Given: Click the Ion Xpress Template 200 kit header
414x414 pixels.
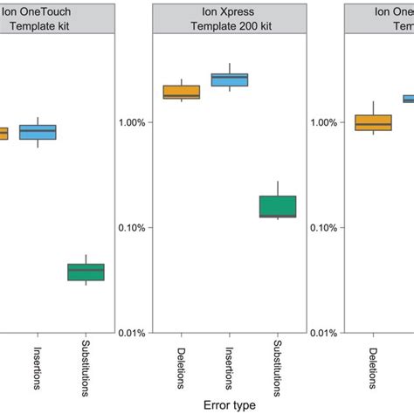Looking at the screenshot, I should click(229, 18).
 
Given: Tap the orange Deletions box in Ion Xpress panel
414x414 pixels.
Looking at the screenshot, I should click(182, 92).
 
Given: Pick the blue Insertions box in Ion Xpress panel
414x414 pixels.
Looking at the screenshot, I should click(230, 79).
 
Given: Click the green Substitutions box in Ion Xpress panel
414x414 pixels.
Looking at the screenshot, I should click(278, 206).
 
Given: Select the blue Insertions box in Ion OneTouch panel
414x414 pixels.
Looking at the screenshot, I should click(38, 132).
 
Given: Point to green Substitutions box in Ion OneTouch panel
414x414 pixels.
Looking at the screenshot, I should click(86, 272).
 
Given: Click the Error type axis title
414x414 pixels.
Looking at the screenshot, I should click(229, 405).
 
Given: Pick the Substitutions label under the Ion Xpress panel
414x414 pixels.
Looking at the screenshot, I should click(278, 368).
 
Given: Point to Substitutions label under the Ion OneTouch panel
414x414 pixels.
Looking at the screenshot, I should click(86, 368).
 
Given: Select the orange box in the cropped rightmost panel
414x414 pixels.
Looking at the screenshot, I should click(374, 122).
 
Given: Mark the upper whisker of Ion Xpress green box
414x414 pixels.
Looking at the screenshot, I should click(278, 188).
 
